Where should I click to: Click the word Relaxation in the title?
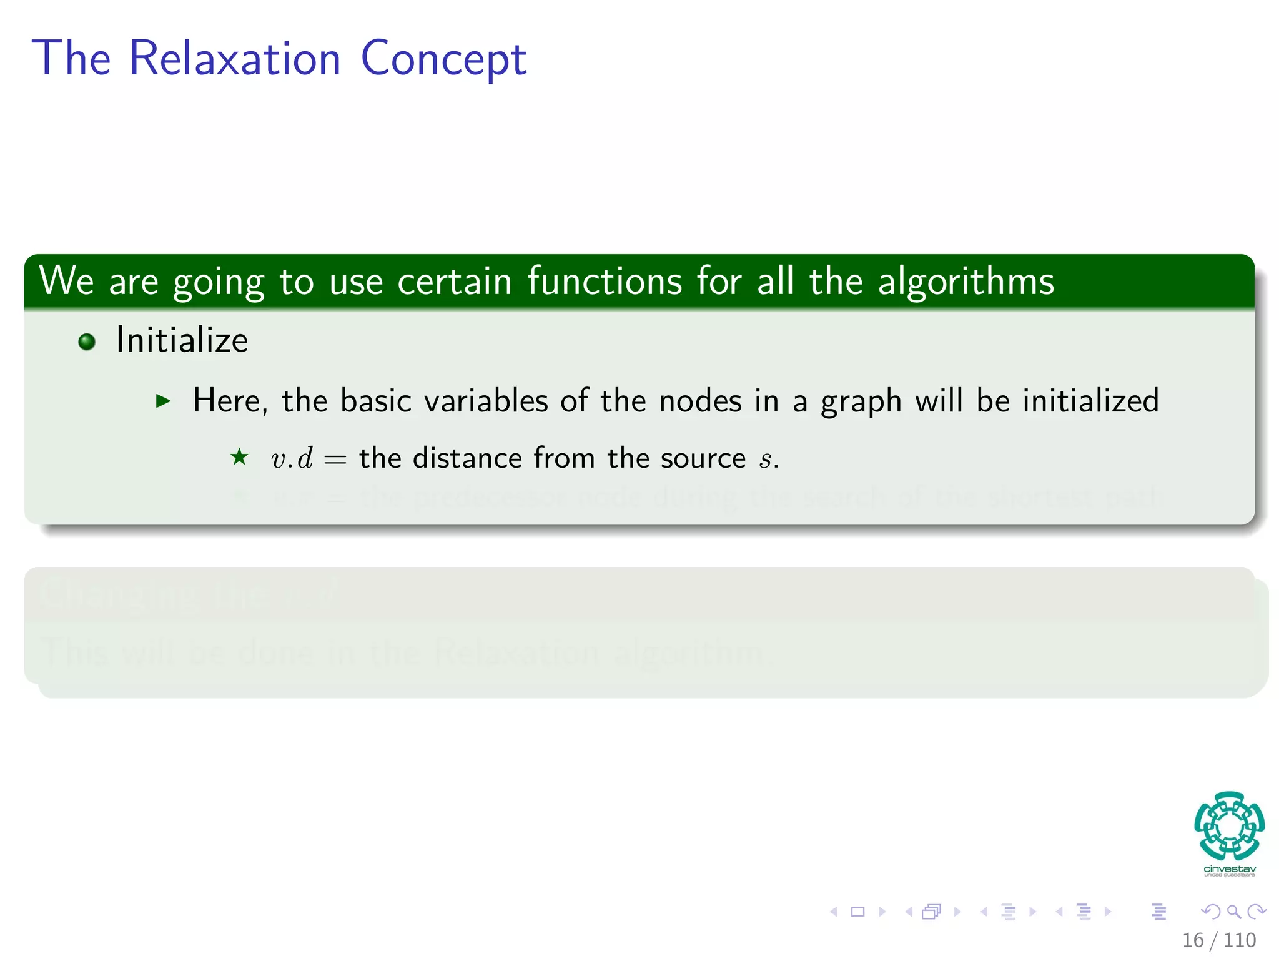pyautogui.click(x=235, y=59)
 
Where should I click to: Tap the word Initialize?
pyautogui.click(x=182, y=341)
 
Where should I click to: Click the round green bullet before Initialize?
pyautogui.click(x=87, y=342)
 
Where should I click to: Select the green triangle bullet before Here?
pyautogui.click(x=163, y=401)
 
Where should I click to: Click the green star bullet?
pyautogui.click(x=239, y=458)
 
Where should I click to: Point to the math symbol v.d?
pyautogui.click(x=292, y=459)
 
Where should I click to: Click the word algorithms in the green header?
pyautogui.click(x=965, y=282)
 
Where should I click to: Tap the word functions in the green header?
pyautogui.click(x=605, y=282)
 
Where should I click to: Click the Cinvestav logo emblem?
pyautogui.click(x=1229, y=826)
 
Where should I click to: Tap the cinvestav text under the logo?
pyautogui.click(x=1229, y=869)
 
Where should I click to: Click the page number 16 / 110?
pyautogui.click(x=1218, y=940)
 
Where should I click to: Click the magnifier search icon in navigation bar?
pyautogui.click(x=1233, y=912)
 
